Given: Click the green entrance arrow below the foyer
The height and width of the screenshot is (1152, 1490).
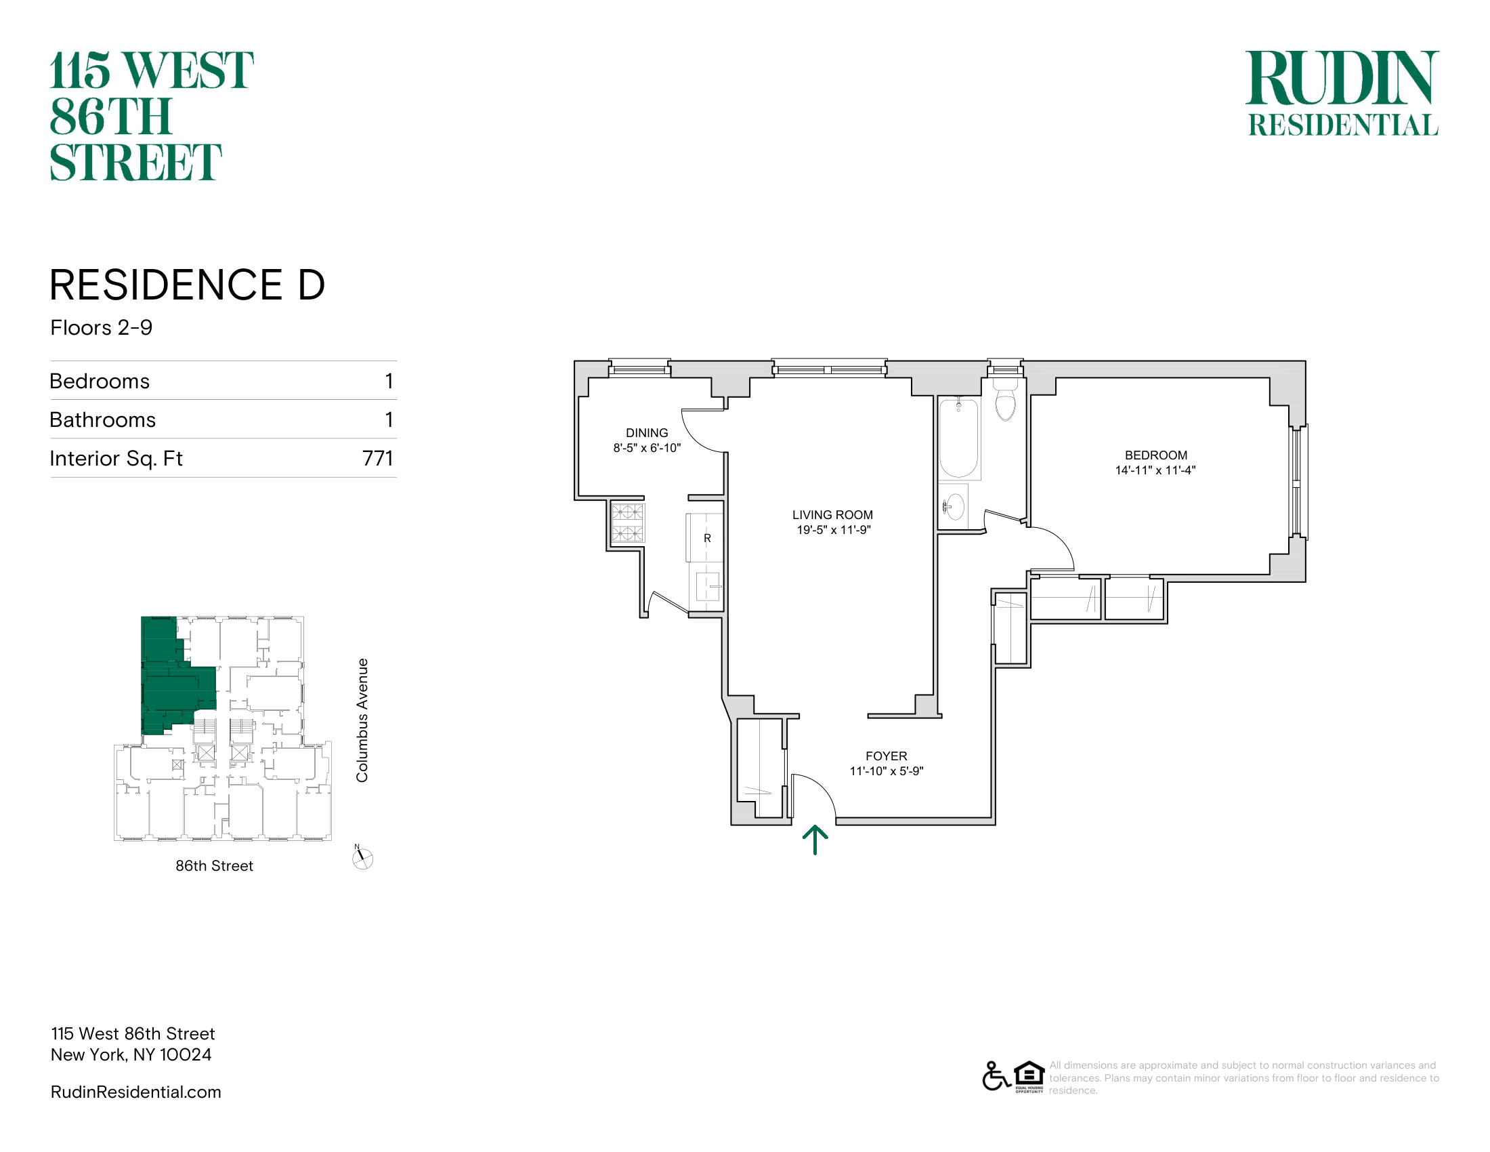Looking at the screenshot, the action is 815,840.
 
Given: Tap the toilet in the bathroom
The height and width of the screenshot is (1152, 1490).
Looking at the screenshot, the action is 1006,400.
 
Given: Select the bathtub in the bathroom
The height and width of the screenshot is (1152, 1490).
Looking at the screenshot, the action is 958,438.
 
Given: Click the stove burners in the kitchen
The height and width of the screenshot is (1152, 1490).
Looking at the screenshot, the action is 627,522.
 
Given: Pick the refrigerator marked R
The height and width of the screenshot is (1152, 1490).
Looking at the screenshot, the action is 706,538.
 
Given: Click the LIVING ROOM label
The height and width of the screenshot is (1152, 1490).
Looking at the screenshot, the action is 832,514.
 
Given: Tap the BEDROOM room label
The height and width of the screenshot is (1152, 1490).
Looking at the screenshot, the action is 1155,455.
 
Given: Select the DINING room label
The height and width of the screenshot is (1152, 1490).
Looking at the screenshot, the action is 647,433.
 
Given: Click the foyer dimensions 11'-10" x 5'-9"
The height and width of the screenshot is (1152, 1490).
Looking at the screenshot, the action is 887,771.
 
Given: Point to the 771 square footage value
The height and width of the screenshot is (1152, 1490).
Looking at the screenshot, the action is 378,458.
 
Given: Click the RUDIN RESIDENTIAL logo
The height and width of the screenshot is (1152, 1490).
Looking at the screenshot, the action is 1342,93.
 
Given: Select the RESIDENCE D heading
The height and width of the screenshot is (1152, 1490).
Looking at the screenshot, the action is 188,285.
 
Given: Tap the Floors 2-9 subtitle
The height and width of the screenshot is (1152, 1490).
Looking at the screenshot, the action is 102,327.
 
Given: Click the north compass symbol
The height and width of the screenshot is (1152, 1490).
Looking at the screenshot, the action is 362,857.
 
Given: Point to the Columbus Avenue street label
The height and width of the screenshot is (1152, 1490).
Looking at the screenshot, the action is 362,720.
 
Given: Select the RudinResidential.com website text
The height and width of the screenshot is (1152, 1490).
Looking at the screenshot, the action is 135,1092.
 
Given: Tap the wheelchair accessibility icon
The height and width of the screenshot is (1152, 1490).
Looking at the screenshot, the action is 996,1076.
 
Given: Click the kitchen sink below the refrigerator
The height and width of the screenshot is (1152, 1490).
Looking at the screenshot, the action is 708,585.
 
